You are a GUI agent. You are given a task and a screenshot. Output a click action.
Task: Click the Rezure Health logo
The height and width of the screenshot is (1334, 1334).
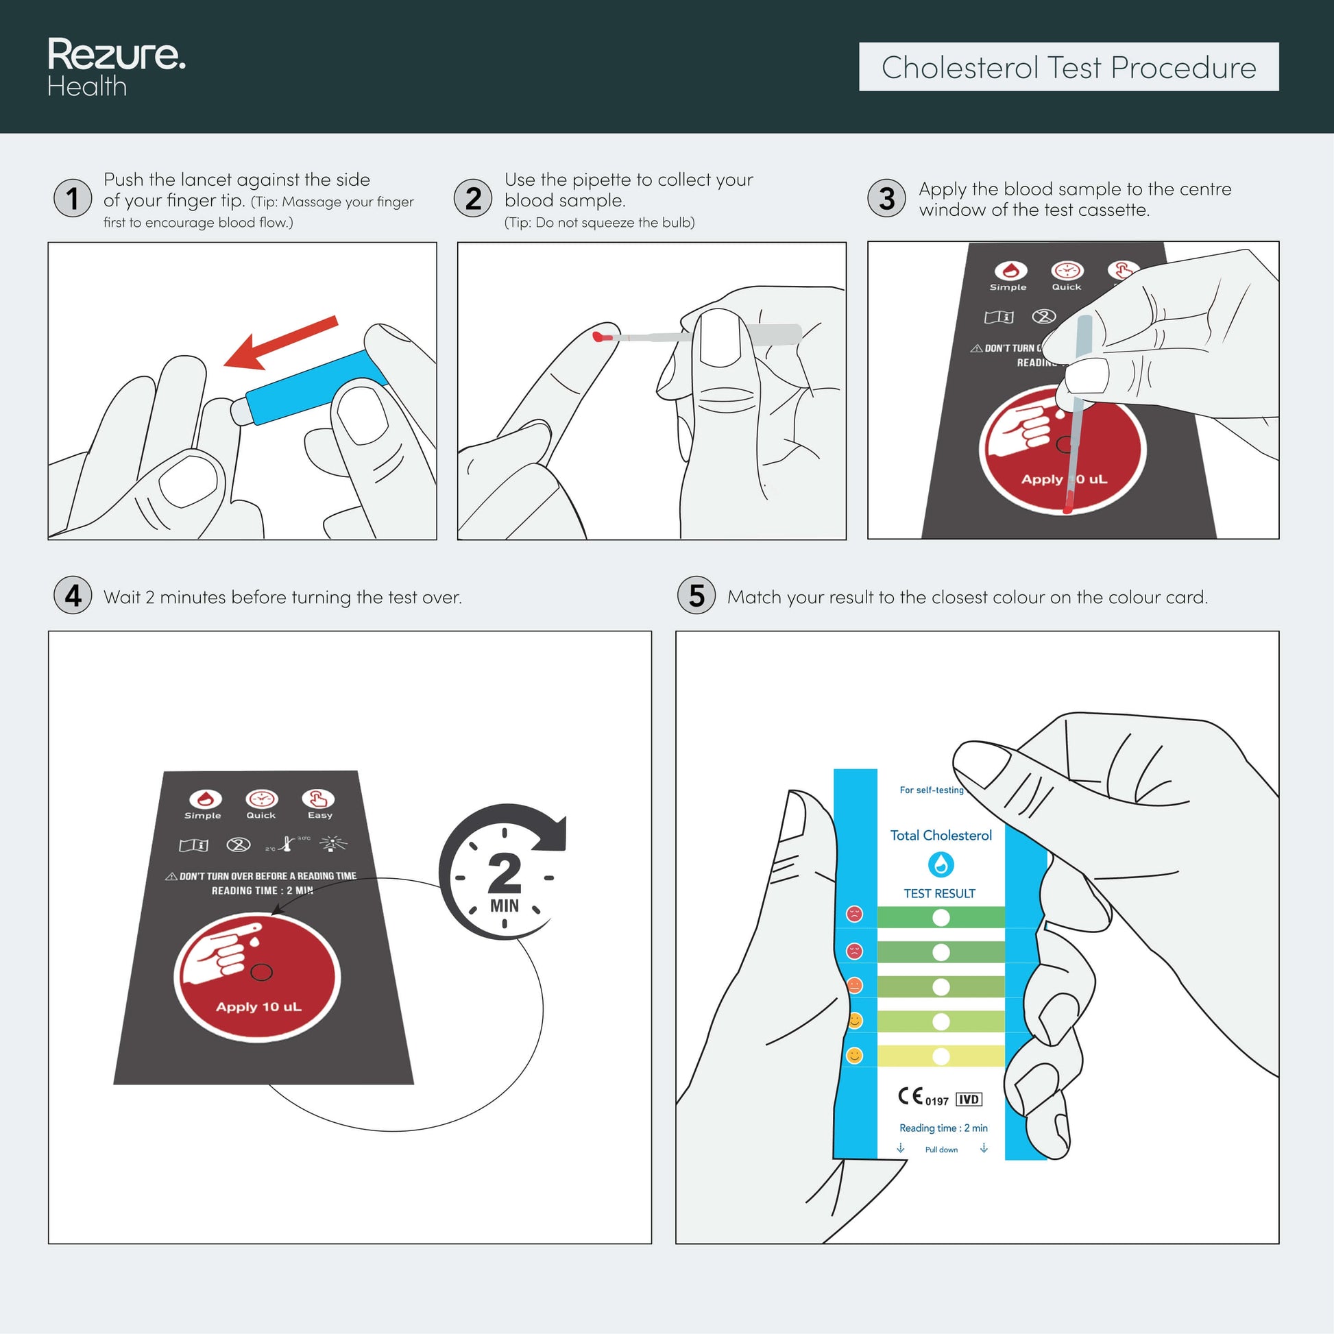(x=116, y=67)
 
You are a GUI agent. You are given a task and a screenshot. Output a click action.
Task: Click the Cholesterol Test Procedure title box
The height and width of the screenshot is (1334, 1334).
(x=1069, y=67)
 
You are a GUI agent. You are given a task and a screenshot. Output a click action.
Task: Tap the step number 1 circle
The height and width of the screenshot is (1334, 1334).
(x=73, y=198)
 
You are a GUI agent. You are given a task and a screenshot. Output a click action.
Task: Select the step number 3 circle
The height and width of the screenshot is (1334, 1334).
(x=886, y=198)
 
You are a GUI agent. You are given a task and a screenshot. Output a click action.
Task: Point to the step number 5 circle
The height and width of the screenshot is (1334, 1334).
(x=696, y=595)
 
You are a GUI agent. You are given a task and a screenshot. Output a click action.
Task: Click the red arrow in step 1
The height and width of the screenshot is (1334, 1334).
(x=280, y=343)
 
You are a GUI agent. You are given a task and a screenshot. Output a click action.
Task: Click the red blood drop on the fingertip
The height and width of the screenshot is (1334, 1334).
(x=598, y=338)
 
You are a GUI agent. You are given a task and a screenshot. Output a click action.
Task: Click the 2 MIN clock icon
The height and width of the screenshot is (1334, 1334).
(x=503, y=871)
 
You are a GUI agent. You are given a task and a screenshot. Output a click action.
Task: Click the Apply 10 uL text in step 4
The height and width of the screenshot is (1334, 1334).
(x=259, y=1007)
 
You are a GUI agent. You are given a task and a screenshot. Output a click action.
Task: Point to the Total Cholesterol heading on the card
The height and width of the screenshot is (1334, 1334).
(x=941, y=836)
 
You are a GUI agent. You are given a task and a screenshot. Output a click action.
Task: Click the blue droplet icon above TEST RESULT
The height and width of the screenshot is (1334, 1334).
(x=941, y=864)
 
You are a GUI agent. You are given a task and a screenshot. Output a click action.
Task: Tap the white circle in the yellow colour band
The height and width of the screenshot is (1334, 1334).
(x=941, y=1056)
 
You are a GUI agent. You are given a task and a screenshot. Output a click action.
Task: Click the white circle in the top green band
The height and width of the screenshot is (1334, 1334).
(x=941, y=917)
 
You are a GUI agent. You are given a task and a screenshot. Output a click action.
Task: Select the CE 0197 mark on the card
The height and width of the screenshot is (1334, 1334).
(x=923, y=1097)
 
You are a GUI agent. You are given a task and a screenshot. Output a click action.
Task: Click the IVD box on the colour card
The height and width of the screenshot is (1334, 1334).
(x=969, y=1100)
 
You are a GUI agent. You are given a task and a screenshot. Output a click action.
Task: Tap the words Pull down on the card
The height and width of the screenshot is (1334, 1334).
(x=941, y=1150)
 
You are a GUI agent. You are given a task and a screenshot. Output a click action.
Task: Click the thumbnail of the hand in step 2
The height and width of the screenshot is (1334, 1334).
(x=720, y=339)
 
